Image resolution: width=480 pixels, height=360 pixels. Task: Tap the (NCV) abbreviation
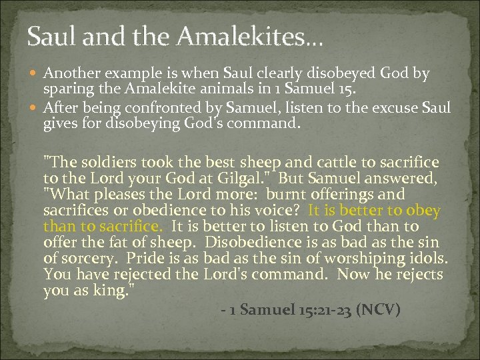(378, 310)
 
